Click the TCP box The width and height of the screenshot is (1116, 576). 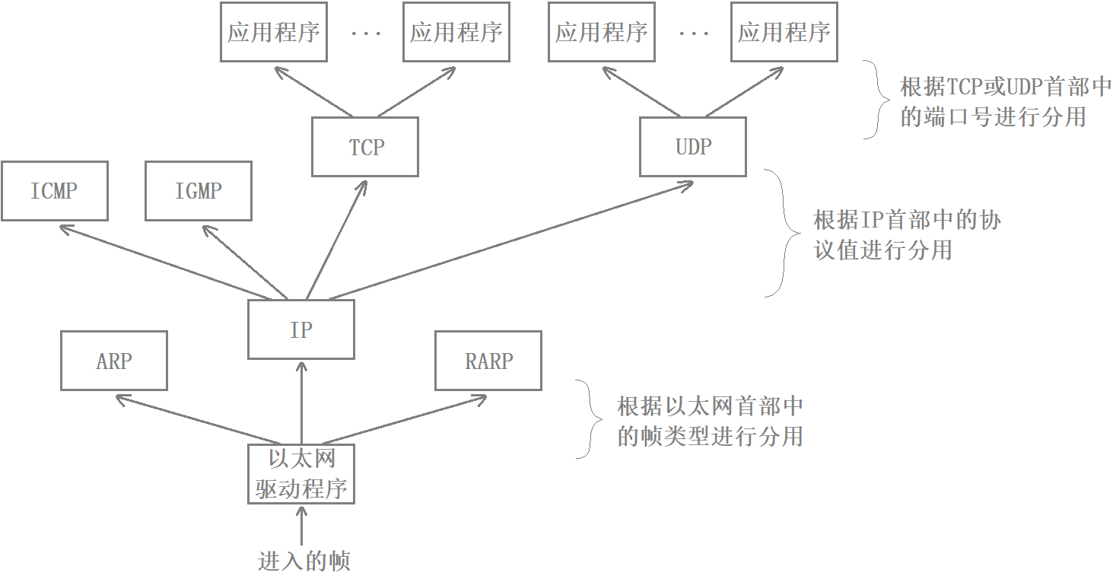click(365, 147)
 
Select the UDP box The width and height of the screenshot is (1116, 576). click(693, 147)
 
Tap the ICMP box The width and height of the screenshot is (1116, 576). click(54, 191)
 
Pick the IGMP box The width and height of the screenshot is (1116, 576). click(199, 191)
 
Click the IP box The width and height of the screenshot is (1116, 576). click(301, 329)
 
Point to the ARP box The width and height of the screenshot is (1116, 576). click(114, 361)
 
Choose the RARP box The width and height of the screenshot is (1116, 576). click(488, 361)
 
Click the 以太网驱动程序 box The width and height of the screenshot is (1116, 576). click(301, 474)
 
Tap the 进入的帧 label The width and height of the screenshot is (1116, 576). click(304, 562)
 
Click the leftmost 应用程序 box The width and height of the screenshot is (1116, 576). click(274, 32)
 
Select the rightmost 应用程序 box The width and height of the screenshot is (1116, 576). click(784, 32)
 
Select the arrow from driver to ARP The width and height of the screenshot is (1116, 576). click(198, 420)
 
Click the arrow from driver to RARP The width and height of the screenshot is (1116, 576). click(403, 420)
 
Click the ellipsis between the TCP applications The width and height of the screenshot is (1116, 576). click(366, 33)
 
